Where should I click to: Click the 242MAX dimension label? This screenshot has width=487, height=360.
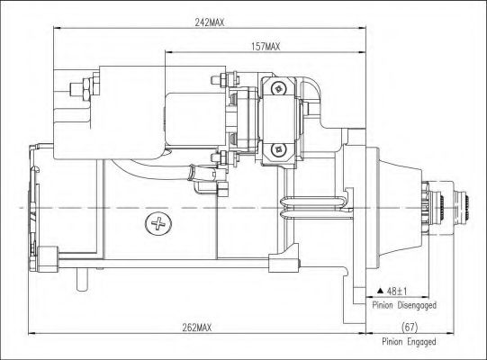click(209, 22)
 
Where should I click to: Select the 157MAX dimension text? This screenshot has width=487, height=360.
click(266, 47)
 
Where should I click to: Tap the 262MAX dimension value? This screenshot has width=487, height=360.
click(196, 328)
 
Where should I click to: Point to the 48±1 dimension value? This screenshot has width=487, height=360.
click(397, 292)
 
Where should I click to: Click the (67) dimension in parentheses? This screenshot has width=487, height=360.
click(410, 327)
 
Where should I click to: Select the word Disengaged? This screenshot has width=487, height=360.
click(417, 305)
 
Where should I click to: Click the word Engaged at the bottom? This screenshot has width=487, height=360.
click(421, 342)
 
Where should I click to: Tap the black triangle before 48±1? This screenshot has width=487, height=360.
click(380, 291)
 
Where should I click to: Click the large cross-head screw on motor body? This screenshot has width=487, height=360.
click(158, 223)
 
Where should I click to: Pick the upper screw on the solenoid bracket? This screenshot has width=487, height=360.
click(278, 89)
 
